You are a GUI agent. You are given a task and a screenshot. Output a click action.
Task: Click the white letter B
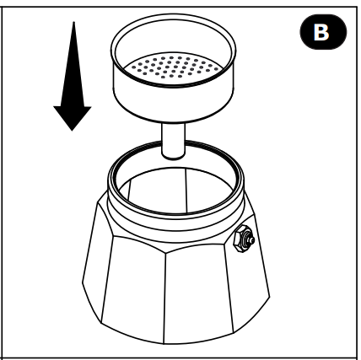tap(321, 32)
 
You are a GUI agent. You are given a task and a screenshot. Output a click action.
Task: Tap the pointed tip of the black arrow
tap(73, 131)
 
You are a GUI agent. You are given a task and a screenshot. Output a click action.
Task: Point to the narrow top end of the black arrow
tap(73, 23)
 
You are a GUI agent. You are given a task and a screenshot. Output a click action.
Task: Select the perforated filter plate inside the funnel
tap(174, 67)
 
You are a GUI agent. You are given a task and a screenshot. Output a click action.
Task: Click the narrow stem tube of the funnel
tap(174, 141)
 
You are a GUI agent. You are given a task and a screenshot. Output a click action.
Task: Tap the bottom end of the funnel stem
tap(174, 157)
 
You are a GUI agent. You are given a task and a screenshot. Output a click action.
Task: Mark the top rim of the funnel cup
tap(174, 14)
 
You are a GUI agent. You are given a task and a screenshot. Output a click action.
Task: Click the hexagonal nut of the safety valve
tap(240, 239)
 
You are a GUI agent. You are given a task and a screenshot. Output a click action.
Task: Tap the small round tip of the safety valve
tap(252, 240)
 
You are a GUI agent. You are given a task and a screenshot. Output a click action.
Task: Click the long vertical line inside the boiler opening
tap(186, 191)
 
